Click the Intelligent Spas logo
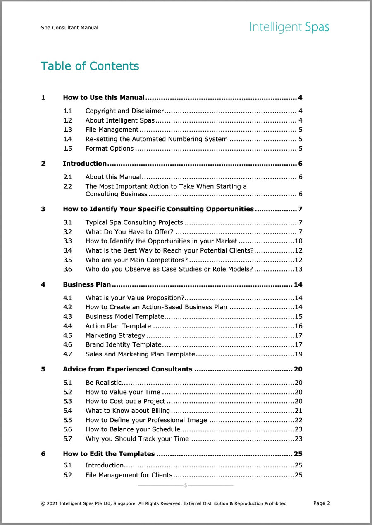click(289, 27)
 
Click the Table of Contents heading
click(90, 66)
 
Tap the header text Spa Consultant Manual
click(69, 28)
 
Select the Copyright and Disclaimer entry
click(125, 111)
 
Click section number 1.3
click(67, 130)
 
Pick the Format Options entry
click(110, 149)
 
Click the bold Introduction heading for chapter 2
click(85, 164)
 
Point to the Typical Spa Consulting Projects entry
click(134, 222)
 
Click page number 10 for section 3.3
click(298, 241)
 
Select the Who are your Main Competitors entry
click(136, 260)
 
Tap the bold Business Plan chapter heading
click(87, 284)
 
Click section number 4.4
click(67, 326)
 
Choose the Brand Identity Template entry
click(123, 344)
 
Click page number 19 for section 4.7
click(298, 354)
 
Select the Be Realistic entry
click(103, 383)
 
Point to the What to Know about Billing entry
click(128, 411)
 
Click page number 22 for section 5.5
click(298, 420)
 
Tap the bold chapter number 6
click(43, 454)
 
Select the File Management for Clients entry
click(129, 475)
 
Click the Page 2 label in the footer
click(322, 503)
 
